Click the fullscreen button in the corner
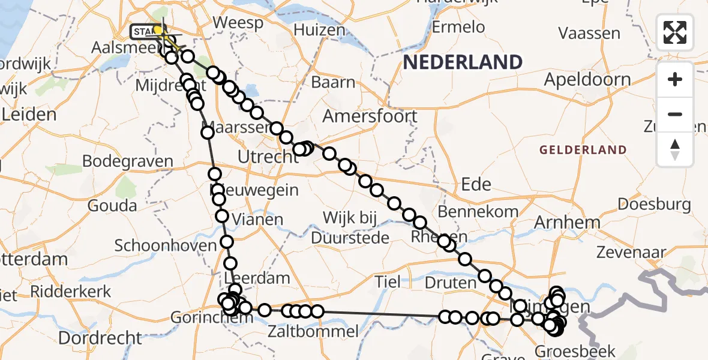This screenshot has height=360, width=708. [x=675, y=32]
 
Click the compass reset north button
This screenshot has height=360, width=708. [x=675, y=149]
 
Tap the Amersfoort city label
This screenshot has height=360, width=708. [x=370, y=116]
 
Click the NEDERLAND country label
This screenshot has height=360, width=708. [x=462, y=62]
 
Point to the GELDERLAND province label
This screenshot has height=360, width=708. [x=583, y=149]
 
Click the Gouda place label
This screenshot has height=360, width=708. [x=112, y=205]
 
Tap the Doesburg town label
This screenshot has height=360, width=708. [x=654, y=204]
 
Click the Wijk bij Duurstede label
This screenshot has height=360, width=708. [x=350, y=227]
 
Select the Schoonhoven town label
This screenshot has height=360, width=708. [x=165, y=245]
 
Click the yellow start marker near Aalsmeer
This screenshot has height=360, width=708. [x=158, y=30]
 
